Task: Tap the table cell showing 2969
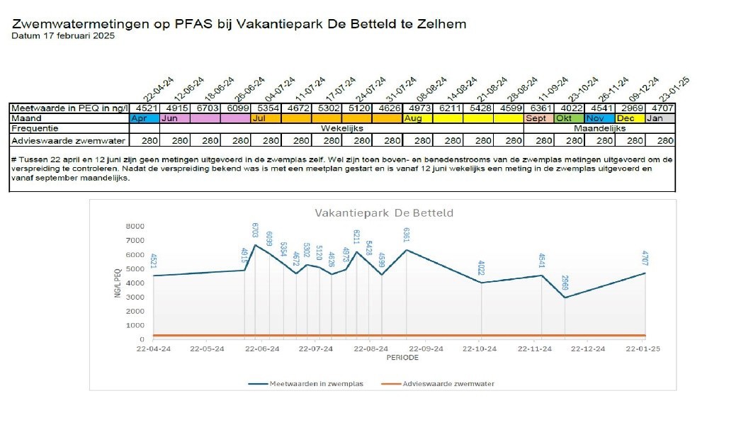tap(630, 108)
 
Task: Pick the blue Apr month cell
tap(145, 118)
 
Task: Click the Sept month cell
tap(538, 118)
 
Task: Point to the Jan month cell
tap(660, 118)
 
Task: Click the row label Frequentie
tap(35, 129)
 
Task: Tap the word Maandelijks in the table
tap(599, 129)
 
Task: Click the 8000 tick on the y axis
tap(134, 227)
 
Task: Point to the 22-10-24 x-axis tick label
tap(481, 348)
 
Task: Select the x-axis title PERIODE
tap(402, 358)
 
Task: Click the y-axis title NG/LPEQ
tap(117, 283)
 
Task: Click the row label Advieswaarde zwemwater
tap(68, 141)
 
